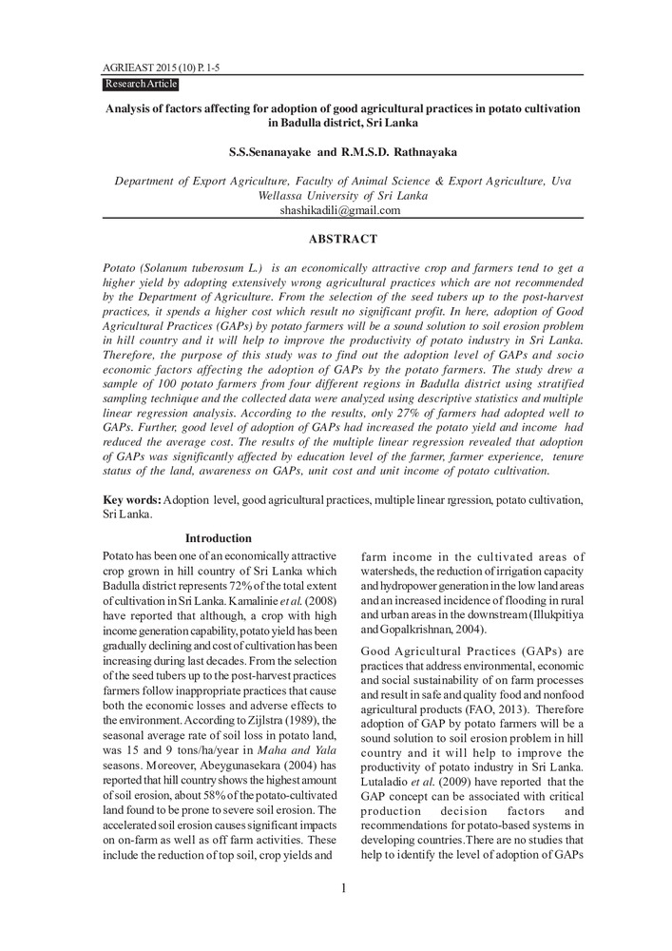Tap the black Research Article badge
click(141, 85)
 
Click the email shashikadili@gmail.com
click(340, 210)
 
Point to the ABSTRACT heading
click(342, 239)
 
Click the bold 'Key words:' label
click(132, 499)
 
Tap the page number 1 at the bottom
click(343, 888)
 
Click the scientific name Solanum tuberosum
click(193, 270)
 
